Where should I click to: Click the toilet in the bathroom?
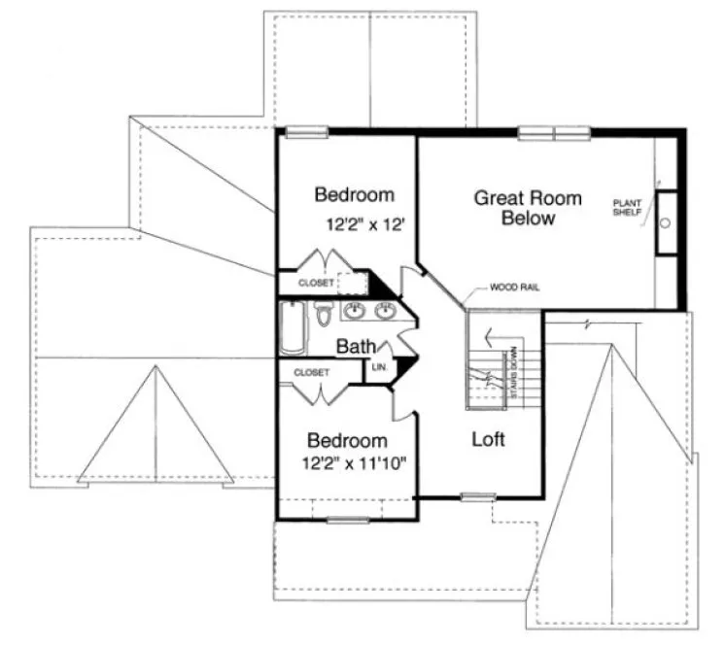click(x=325, y=317)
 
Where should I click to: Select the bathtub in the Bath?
click(x=292, y=328)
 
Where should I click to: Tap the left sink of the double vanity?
click(x=354, y=311)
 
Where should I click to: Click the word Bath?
click(x=356, y=346)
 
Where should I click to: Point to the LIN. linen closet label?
click(x=380, y=367)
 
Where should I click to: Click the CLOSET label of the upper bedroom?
click(x=315, y=283)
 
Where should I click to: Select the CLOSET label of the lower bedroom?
click(x=310, y=371)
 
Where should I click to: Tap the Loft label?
click(x=488, y=439)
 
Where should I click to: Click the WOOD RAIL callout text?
click(x=514, y=288)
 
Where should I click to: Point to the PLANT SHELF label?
click(x=627, y=208)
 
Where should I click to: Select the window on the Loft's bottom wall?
click(x=472, y=497)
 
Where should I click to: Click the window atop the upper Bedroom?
click(x=306, y=133)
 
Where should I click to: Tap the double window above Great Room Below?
click(x=554, y=133)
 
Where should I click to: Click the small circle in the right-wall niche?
click(x=667, y=222)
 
